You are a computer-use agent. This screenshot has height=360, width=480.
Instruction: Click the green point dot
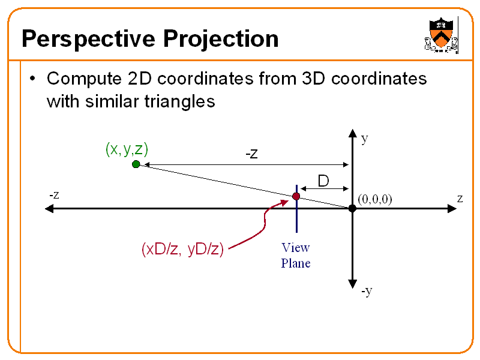136,164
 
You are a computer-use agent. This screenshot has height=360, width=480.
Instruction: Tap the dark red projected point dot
296,196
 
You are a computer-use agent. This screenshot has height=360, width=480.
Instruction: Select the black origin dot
352,208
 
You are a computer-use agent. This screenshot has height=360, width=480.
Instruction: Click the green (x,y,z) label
127,149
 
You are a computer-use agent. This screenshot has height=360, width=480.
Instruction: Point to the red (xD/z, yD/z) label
182,249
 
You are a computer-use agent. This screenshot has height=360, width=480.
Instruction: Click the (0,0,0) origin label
374,199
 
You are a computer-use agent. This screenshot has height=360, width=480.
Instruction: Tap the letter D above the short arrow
323,180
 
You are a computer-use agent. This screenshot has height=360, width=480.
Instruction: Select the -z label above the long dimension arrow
251,154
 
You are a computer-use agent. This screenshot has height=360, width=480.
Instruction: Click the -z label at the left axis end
54,195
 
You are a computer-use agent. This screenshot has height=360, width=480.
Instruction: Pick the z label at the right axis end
459,198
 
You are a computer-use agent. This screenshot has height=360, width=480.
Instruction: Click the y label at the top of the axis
364,139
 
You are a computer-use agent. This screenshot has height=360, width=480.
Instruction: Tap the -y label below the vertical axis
367,291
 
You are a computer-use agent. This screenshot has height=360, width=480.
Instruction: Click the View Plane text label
296,255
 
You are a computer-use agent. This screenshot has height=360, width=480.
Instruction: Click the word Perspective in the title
88,40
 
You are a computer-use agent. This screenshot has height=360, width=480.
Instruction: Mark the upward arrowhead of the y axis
352,134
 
